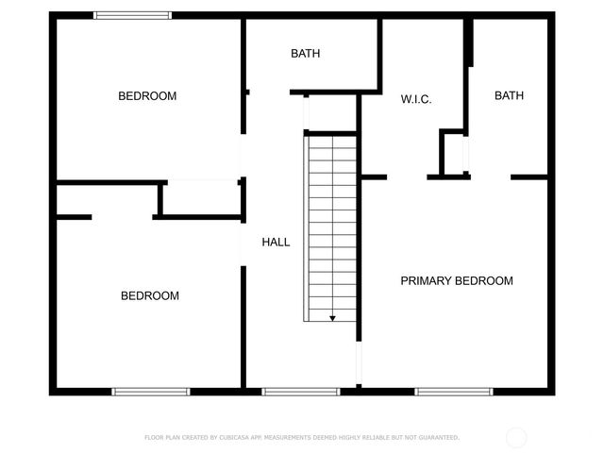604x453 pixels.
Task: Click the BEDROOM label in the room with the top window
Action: point(147,96)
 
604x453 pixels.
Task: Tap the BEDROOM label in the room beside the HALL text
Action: point(149,296)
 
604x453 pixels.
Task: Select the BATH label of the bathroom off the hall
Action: point(305,54)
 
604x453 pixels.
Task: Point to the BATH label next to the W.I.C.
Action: point(509,95)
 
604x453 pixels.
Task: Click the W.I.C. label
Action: point(416,99)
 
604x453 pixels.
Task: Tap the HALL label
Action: point(276,243)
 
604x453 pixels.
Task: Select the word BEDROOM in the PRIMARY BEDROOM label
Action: point(484,281)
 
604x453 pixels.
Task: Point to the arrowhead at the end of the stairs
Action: point(332,318)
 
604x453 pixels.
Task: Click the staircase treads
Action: point(330,226)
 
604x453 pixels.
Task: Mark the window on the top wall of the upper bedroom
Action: point(132,15)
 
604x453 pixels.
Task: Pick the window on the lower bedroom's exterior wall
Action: point(151,391)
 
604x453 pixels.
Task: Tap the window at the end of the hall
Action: point(300,391)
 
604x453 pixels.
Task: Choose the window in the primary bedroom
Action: point(453,391)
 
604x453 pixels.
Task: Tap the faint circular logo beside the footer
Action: point(516,437)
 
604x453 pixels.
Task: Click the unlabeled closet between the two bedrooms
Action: point(202,198)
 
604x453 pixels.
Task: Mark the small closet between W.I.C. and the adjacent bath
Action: point(454,153)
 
